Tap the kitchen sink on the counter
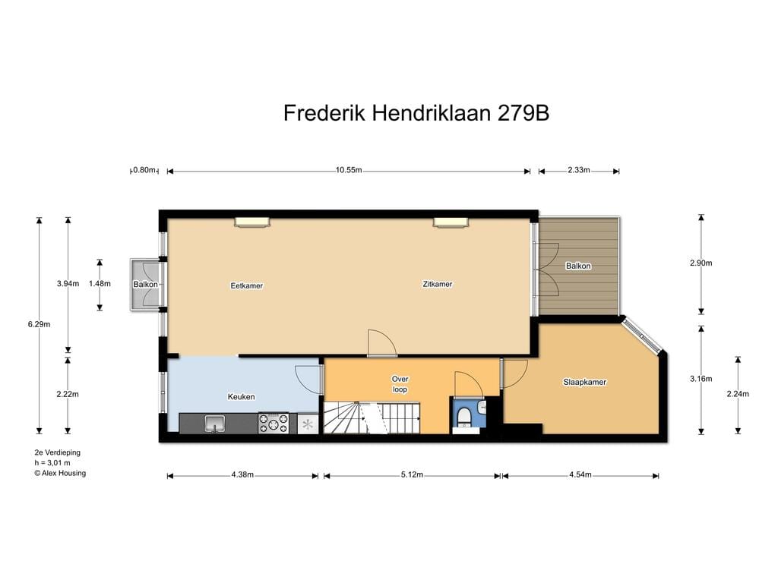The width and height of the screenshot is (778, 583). [215, 424]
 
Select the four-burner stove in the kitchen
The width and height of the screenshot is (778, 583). [274, 424]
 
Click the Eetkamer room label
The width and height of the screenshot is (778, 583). [247, 285]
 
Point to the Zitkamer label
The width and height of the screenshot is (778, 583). [438, 284]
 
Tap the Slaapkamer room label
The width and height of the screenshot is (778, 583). [584, 383]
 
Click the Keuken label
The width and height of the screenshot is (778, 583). [241, 396]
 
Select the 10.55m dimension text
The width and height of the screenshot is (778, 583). [349, 170]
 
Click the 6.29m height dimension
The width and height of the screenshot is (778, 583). [40, 324]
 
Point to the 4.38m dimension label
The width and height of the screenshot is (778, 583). [242, 474]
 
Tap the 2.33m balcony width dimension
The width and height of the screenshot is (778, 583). [579, 170]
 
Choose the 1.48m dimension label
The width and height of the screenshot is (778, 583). [100, 284]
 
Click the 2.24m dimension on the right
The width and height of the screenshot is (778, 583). [738, 394]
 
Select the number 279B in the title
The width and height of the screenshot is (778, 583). [523, 113]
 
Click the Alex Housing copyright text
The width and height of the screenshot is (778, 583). [60, 473]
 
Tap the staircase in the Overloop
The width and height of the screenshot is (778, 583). [372, 418]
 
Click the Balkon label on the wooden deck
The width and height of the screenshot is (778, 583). [578, 266]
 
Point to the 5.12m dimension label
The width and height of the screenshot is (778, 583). [413, 474]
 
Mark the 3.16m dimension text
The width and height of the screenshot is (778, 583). [701, 379]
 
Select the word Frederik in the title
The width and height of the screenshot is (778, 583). [324, 113]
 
